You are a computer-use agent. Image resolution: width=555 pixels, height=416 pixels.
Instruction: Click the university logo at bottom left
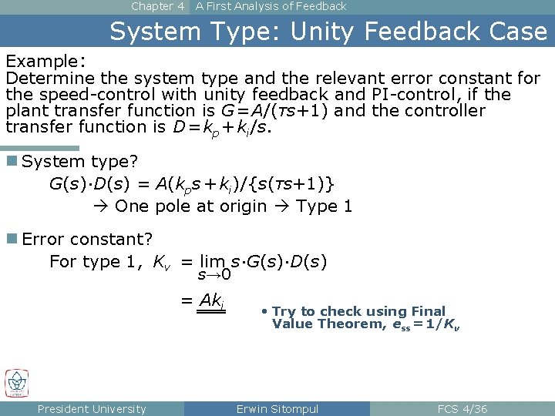[x=16, y=383]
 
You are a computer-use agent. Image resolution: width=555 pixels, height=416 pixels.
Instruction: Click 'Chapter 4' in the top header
[x=157, y=6]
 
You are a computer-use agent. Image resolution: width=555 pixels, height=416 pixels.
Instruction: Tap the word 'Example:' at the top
[x=45, y=61]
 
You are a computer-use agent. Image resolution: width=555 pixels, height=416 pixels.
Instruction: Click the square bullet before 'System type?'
[x=12, y=161]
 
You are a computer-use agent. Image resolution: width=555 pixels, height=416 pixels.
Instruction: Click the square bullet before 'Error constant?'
[x=12, y=239]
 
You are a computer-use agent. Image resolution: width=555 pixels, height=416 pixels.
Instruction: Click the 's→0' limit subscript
[x=214, y=275]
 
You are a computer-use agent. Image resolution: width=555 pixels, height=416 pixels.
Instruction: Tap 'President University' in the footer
[x=92, y=409]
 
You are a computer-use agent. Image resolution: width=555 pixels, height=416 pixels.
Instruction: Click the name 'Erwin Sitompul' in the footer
[x=277, y=409]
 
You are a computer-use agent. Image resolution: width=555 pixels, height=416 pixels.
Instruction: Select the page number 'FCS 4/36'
[x=462, y=409]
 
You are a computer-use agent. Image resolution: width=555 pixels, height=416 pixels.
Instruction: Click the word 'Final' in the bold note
[x=428, y=311]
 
